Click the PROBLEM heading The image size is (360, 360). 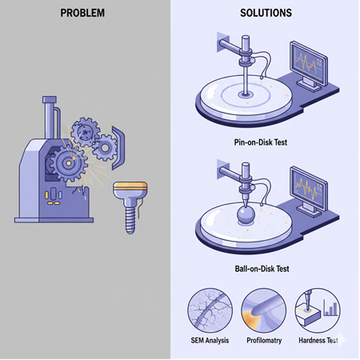[x=82, y=13]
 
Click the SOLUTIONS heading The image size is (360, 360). [x=266, y=13]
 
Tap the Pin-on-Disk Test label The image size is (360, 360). [x=261, y=142]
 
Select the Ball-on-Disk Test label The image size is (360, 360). [x=262, y=269]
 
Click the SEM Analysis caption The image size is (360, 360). [x=210, y=341]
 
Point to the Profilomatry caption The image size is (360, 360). [x=264, y=341]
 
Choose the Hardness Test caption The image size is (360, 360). [x=318, y=341]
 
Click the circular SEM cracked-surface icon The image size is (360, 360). [x=210, y=310]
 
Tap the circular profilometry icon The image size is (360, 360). [x=264, y=310]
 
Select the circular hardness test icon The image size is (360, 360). [x=318, y=310]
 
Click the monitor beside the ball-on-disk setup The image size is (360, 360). [x=309, y=190]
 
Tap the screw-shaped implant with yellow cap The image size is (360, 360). [x=130, y=206]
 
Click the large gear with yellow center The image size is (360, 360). [x=69, y=163]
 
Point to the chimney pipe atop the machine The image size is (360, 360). [x=50, y=118]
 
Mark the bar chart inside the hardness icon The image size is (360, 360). [x=330, y=308]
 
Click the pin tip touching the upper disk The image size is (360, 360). [x=246, y=94]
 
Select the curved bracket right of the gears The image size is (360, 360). [x=118, y=148]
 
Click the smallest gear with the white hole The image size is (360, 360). [x=105, y=148]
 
